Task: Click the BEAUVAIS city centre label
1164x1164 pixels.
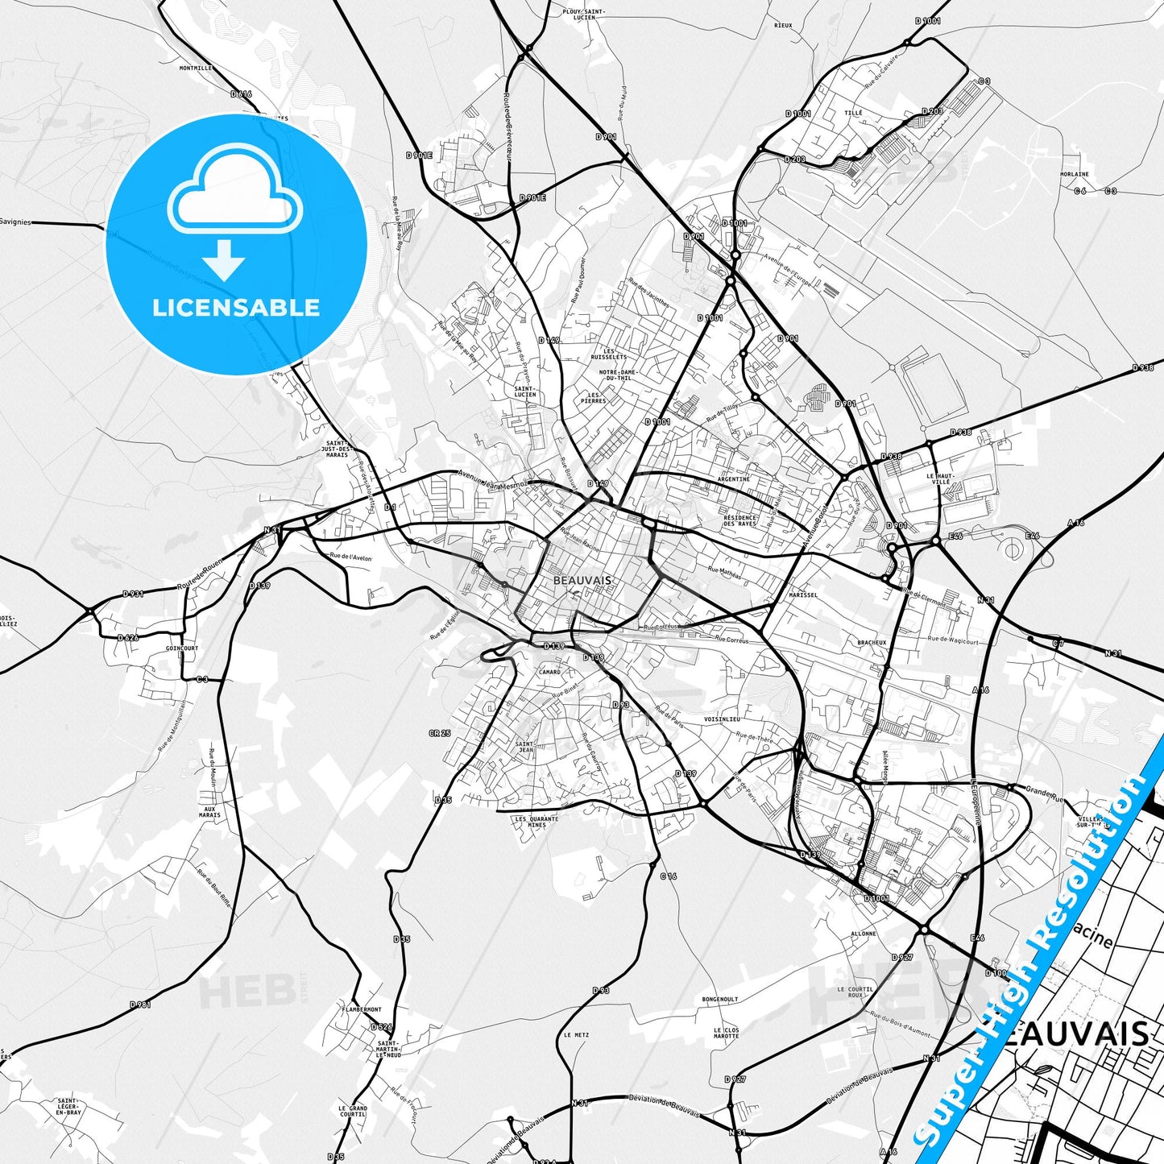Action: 582,580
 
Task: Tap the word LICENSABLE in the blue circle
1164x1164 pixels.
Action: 236,308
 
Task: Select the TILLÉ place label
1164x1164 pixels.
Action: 853,114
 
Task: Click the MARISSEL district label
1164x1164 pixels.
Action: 803,595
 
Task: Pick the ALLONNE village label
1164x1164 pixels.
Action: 863,934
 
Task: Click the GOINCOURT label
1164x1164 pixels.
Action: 181,648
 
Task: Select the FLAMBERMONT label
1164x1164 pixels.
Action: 362,1009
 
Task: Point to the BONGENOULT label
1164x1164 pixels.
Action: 719,1000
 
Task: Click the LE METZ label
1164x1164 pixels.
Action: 576,1035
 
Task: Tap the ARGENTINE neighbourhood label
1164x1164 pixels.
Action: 733,479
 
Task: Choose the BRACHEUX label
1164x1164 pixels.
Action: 872,643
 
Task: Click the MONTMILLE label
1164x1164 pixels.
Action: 196,68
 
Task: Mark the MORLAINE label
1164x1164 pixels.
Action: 1074,174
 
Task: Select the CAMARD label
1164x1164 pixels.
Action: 549,672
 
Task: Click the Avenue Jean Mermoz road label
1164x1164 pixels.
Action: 491,479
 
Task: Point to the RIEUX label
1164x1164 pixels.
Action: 783,26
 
